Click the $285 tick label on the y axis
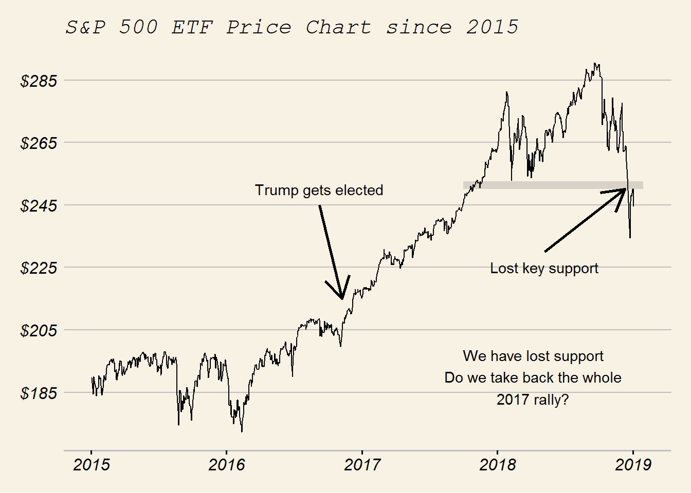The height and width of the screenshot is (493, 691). point(39,81)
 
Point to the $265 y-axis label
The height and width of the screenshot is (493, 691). point(39,143)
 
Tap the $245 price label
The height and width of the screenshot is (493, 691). point(39,205)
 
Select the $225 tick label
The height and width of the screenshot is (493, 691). point(39,268)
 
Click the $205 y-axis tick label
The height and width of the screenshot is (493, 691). point(39,330)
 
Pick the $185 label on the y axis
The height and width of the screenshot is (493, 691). point(39,393)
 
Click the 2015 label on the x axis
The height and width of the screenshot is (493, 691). point(92,465)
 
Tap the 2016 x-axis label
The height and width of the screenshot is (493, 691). point(227,465)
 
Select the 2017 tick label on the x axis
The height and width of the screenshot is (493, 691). point(362,465)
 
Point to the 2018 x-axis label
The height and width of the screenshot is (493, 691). point(498,465)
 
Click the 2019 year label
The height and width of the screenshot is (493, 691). point(633,465)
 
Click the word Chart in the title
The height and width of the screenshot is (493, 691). point(338,27)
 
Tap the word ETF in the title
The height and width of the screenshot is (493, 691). point(192,27)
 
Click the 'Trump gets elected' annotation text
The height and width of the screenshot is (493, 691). point(319,190)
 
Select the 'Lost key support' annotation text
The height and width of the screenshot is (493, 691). point(544,268)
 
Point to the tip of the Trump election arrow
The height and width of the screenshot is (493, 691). point(342,298)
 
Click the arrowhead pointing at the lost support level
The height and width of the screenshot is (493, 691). point(624,190)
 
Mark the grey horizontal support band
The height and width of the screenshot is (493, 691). point(553,185)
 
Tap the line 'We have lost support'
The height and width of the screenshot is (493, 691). point(533,356)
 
